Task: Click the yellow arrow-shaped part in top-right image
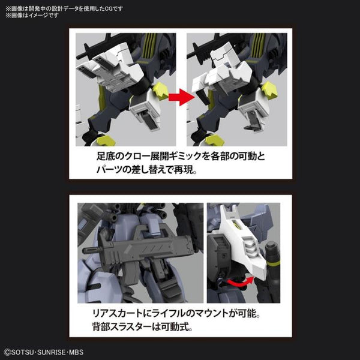point(268,90)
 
